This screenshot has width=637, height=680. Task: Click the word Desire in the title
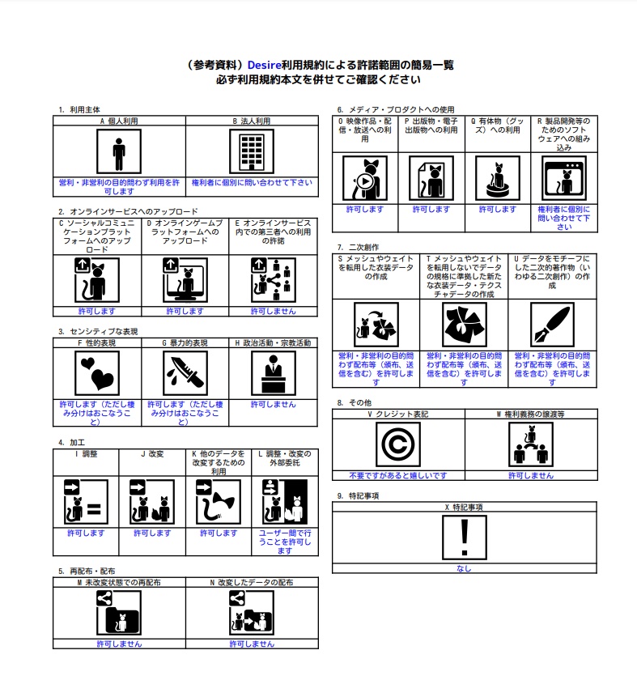pos(264,65)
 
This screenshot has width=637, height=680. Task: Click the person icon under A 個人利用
pos(119,151)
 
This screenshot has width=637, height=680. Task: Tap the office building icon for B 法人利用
pos(252,151)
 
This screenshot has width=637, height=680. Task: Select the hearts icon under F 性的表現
pos(96,373)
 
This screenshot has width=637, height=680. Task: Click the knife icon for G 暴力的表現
pos(185,373)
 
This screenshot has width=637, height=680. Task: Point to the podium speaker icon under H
pos(274,373)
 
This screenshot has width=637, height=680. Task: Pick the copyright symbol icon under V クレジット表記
pos(398,444)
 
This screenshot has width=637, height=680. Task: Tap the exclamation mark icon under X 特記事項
pos(465,538)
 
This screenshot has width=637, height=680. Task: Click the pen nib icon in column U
pos(552,325)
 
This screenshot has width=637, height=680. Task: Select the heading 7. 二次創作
pos(359,247)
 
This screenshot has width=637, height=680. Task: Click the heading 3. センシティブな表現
pos(98,331)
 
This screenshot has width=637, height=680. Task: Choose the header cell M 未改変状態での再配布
pos(119,582)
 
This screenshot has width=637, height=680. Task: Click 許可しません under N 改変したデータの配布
pos(252,644)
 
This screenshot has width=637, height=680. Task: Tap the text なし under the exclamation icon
pos(464,568)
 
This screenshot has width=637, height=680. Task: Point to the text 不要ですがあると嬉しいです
pos(398,475)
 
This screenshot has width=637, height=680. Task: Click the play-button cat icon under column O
pos(365,178)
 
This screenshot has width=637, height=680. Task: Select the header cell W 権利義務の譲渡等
pos(531,414)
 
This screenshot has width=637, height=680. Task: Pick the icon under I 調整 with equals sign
pos(86,502)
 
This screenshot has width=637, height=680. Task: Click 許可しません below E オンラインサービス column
pos(274,311)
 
